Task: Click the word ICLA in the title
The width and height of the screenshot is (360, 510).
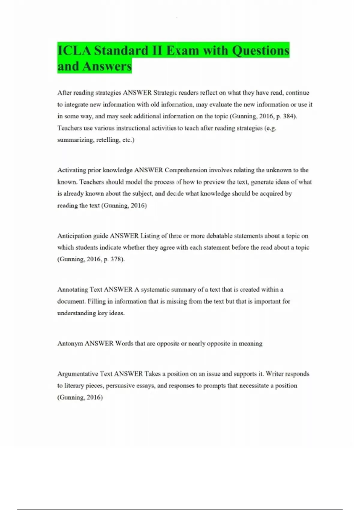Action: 74,50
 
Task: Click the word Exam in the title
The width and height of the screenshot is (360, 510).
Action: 182,50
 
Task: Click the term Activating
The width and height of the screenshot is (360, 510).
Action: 71,170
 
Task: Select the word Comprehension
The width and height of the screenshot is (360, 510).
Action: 186,170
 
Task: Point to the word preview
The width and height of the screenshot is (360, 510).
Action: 214,182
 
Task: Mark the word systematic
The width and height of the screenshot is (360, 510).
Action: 155,289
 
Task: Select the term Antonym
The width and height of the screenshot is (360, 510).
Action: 70,343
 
